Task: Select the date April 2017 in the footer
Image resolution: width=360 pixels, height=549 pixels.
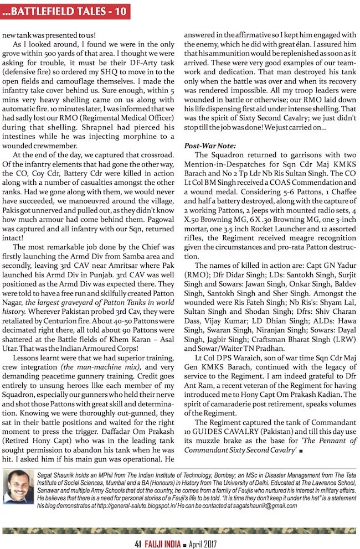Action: [205, 541]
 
